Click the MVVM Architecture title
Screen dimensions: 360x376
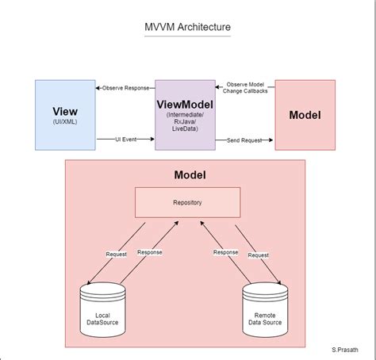click(x=188, y=28)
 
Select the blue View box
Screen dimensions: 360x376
click(x=65, y=115)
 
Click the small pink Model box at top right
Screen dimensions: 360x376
click(x=305, y=115)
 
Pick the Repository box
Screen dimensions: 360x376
click(x=187, y=202)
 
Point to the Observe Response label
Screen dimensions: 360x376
click(x=125, y=87)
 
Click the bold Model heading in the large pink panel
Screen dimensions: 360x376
click(x=188, y=174)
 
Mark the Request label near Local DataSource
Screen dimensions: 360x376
click(x=116, y=254)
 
